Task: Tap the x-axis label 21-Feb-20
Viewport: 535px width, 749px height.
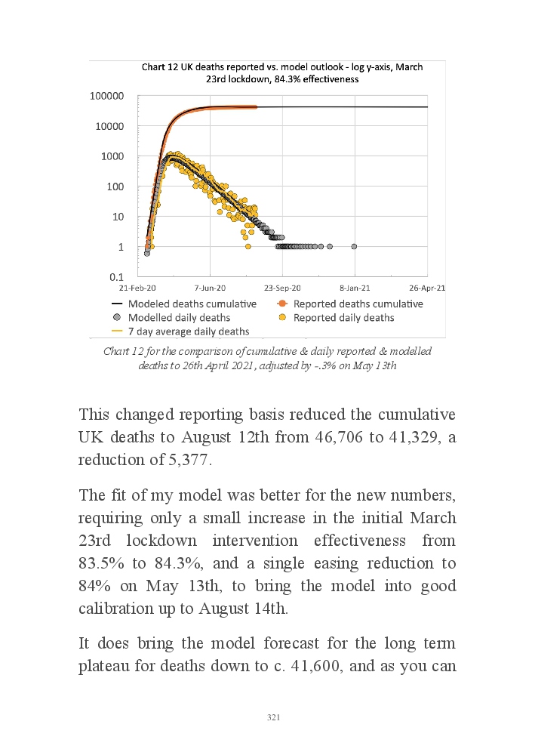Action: point(138,288)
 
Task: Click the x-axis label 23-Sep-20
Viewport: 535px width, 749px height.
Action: point(283,288)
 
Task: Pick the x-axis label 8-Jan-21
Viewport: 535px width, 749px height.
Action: point(354,288)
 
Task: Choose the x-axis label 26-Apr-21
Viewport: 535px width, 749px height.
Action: point(427,288)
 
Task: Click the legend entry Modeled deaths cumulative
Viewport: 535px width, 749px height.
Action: point(192,304)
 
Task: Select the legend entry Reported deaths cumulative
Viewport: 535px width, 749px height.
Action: point(358,304)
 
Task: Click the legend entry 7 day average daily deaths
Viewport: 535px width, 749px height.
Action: point(188,331)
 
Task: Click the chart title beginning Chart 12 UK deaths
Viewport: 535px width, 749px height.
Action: point(282,72)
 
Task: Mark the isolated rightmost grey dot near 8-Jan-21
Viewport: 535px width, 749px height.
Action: point(354,246)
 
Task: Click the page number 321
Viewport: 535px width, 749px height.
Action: point(274,717)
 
